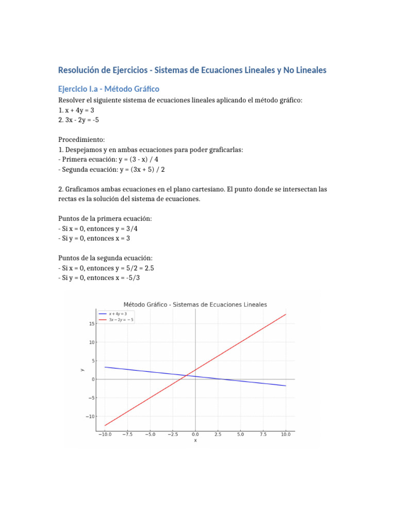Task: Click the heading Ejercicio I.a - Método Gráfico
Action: (x=109, y=89)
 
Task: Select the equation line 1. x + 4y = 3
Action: (x=76, y=110)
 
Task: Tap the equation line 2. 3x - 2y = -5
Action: (x=79, y=120)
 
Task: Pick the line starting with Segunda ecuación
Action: (x=111, y=169)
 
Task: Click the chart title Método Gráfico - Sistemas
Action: (x=195, y=305)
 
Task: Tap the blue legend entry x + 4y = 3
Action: (x=116, y=313)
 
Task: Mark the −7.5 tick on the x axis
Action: (x=127, y=435)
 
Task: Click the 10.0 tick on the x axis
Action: (x=286, y=435)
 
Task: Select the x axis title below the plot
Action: (x=195, y=440)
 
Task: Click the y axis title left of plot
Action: (x=82, y=369)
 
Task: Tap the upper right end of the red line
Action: (x=285, y=315)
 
